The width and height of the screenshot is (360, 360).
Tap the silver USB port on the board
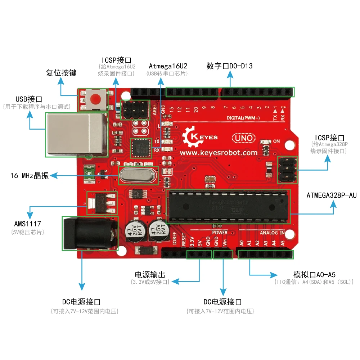pos(76,134)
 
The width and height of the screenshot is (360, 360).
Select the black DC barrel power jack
pos(89,233)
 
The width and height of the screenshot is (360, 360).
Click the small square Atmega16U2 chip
pos(139,148)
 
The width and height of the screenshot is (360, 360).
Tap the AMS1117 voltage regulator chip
pos(102,203)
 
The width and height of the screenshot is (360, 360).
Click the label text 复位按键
pos(61,73)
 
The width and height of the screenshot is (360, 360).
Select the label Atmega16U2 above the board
pos(168,66)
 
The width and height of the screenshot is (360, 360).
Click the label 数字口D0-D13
pos(229,66)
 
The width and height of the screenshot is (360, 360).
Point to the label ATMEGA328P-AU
pos(331,195)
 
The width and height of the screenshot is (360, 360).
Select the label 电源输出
pos(150,275)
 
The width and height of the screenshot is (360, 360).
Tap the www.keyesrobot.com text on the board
pos(219,153)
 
